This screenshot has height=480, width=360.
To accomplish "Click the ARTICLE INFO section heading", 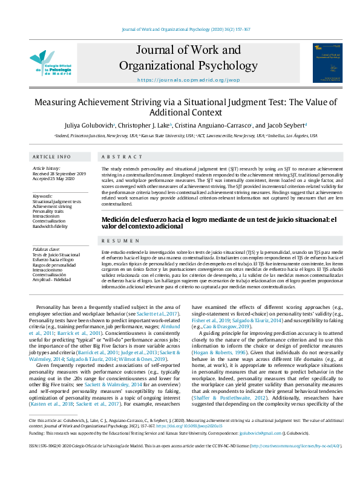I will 51,155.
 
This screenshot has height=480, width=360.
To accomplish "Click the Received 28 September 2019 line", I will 59,174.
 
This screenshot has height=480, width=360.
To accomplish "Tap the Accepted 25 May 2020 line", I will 54,179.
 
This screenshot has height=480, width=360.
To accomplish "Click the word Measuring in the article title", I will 56,103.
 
